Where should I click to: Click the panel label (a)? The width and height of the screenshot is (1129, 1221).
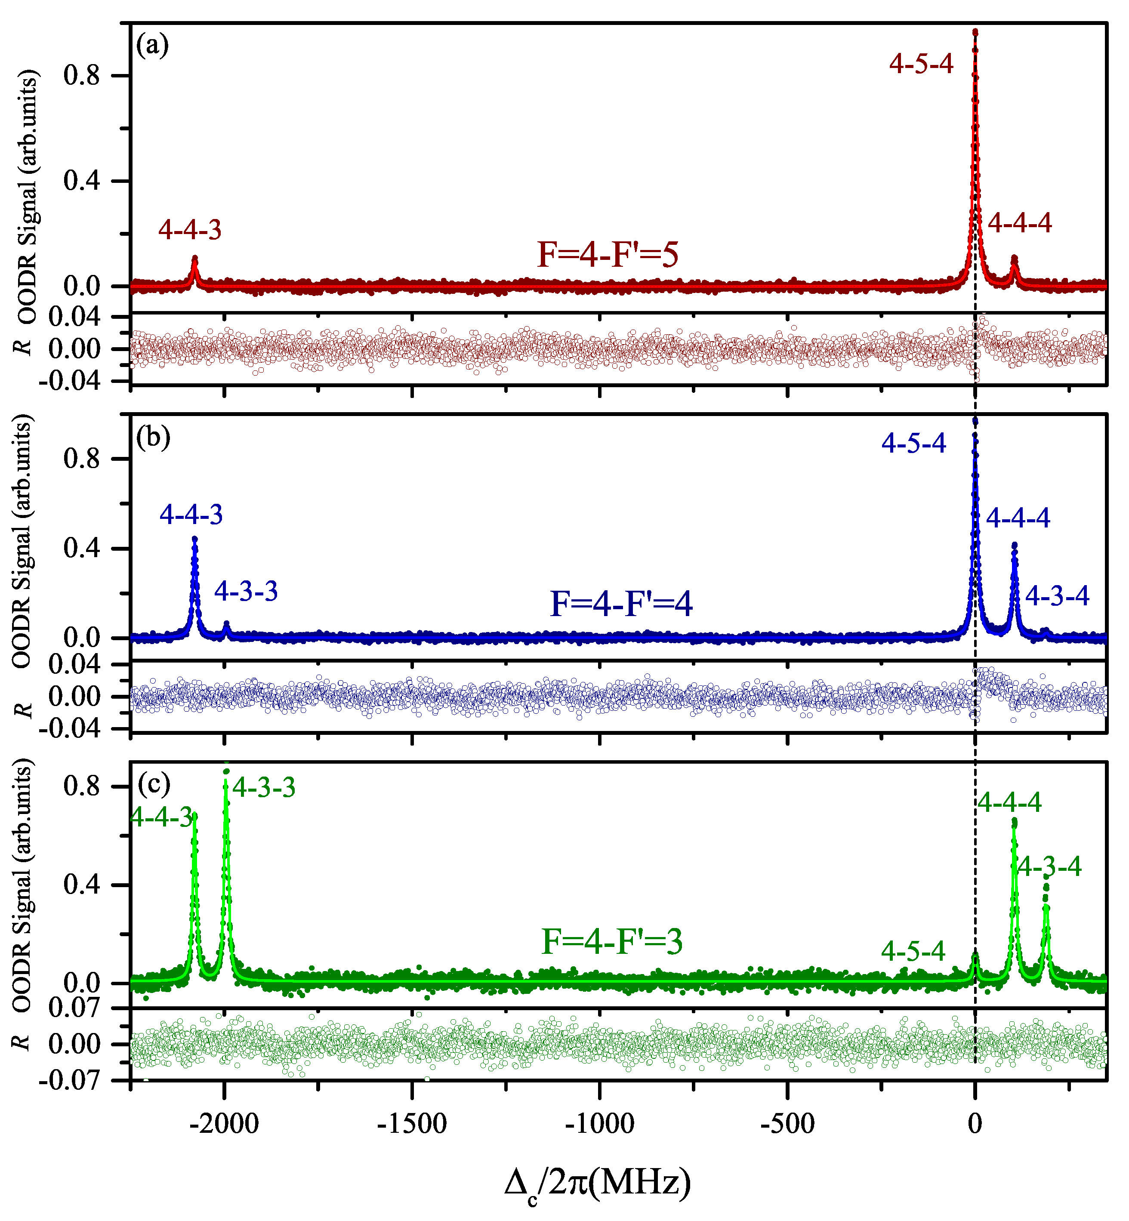pos(152,45)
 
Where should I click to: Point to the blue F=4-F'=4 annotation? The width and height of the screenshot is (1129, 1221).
pos(621,604)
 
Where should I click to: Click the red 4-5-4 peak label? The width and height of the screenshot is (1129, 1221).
pos(921,64)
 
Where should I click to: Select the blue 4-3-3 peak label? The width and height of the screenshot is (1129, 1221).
pos(246,591)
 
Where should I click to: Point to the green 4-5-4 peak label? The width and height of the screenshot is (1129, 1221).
pos(913,950)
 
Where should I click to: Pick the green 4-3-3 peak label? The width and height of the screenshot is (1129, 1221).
pos(264,787)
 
